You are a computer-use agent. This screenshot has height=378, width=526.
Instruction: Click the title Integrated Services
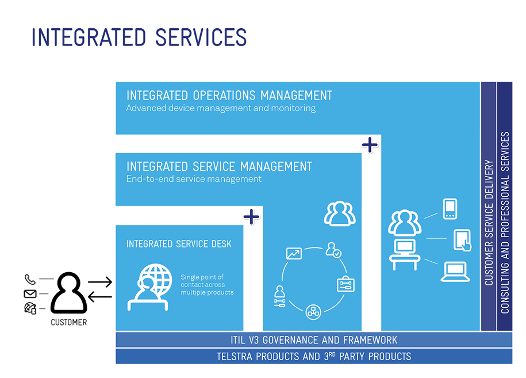click(139, 37)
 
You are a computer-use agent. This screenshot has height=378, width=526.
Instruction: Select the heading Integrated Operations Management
click(229, 95)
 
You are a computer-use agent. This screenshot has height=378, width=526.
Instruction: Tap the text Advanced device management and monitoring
click(221, 108)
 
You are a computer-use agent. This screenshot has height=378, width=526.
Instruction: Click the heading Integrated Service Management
click(219, 166)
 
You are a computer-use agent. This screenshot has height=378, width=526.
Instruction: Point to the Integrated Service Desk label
click(179, 244)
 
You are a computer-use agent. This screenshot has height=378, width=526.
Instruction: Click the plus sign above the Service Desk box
click(251, 216)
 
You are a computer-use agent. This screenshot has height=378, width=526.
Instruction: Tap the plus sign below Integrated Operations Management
click(370, 144)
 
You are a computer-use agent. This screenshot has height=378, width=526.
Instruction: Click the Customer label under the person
click(69, 322)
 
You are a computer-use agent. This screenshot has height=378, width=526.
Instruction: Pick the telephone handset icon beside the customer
click(30, 280)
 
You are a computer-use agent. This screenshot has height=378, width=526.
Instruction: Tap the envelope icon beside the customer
click(30, 294)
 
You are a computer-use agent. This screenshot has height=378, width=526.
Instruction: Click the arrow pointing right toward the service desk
click(100, 282)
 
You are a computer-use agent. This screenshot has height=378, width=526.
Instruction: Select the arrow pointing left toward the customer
click(100, 296)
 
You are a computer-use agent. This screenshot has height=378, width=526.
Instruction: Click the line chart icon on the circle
click(294, 253)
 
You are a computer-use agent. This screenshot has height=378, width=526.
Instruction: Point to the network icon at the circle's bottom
click(313, 311)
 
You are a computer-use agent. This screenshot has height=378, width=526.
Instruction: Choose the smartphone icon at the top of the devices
click(450, 209)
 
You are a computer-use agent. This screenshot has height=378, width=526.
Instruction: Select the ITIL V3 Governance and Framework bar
click(314, 340)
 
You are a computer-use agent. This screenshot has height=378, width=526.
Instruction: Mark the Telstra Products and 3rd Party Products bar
click(314, 356)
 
